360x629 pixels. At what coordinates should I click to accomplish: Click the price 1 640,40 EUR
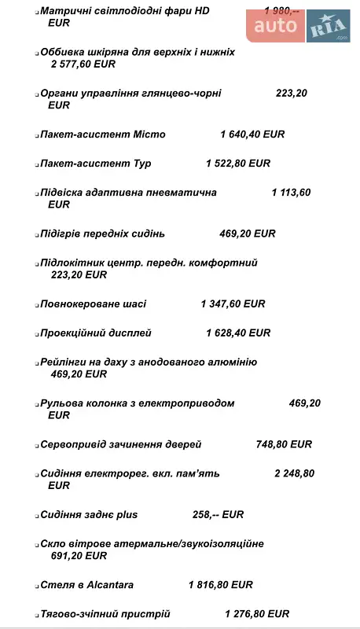[252, 134]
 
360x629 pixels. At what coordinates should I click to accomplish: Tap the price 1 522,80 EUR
[237, 164]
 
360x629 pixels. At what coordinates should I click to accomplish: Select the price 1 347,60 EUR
[233, 303]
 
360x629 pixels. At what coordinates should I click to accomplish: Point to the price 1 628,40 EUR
[238, 333]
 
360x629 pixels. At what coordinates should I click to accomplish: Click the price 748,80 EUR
[284, 444]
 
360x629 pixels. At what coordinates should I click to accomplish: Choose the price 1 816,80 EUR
[220, 585]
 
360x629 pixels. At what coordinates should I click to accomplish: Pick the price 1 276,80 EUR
[257, 614]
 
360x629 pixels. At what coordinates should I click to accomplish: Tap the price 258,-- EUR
[218, 515]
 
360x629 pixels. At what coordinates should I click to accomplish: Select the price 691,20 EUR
[78, 556]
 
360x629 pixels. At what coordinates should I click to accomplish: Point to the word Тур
[141, 164]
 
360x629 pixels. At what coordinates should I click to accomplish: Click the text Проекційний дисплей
[95, 333]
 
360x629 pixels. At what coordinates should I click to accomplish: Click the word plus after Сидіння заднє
[127, 515]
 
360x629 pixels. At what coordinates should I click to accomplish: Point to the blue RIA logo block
[329, 27]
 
